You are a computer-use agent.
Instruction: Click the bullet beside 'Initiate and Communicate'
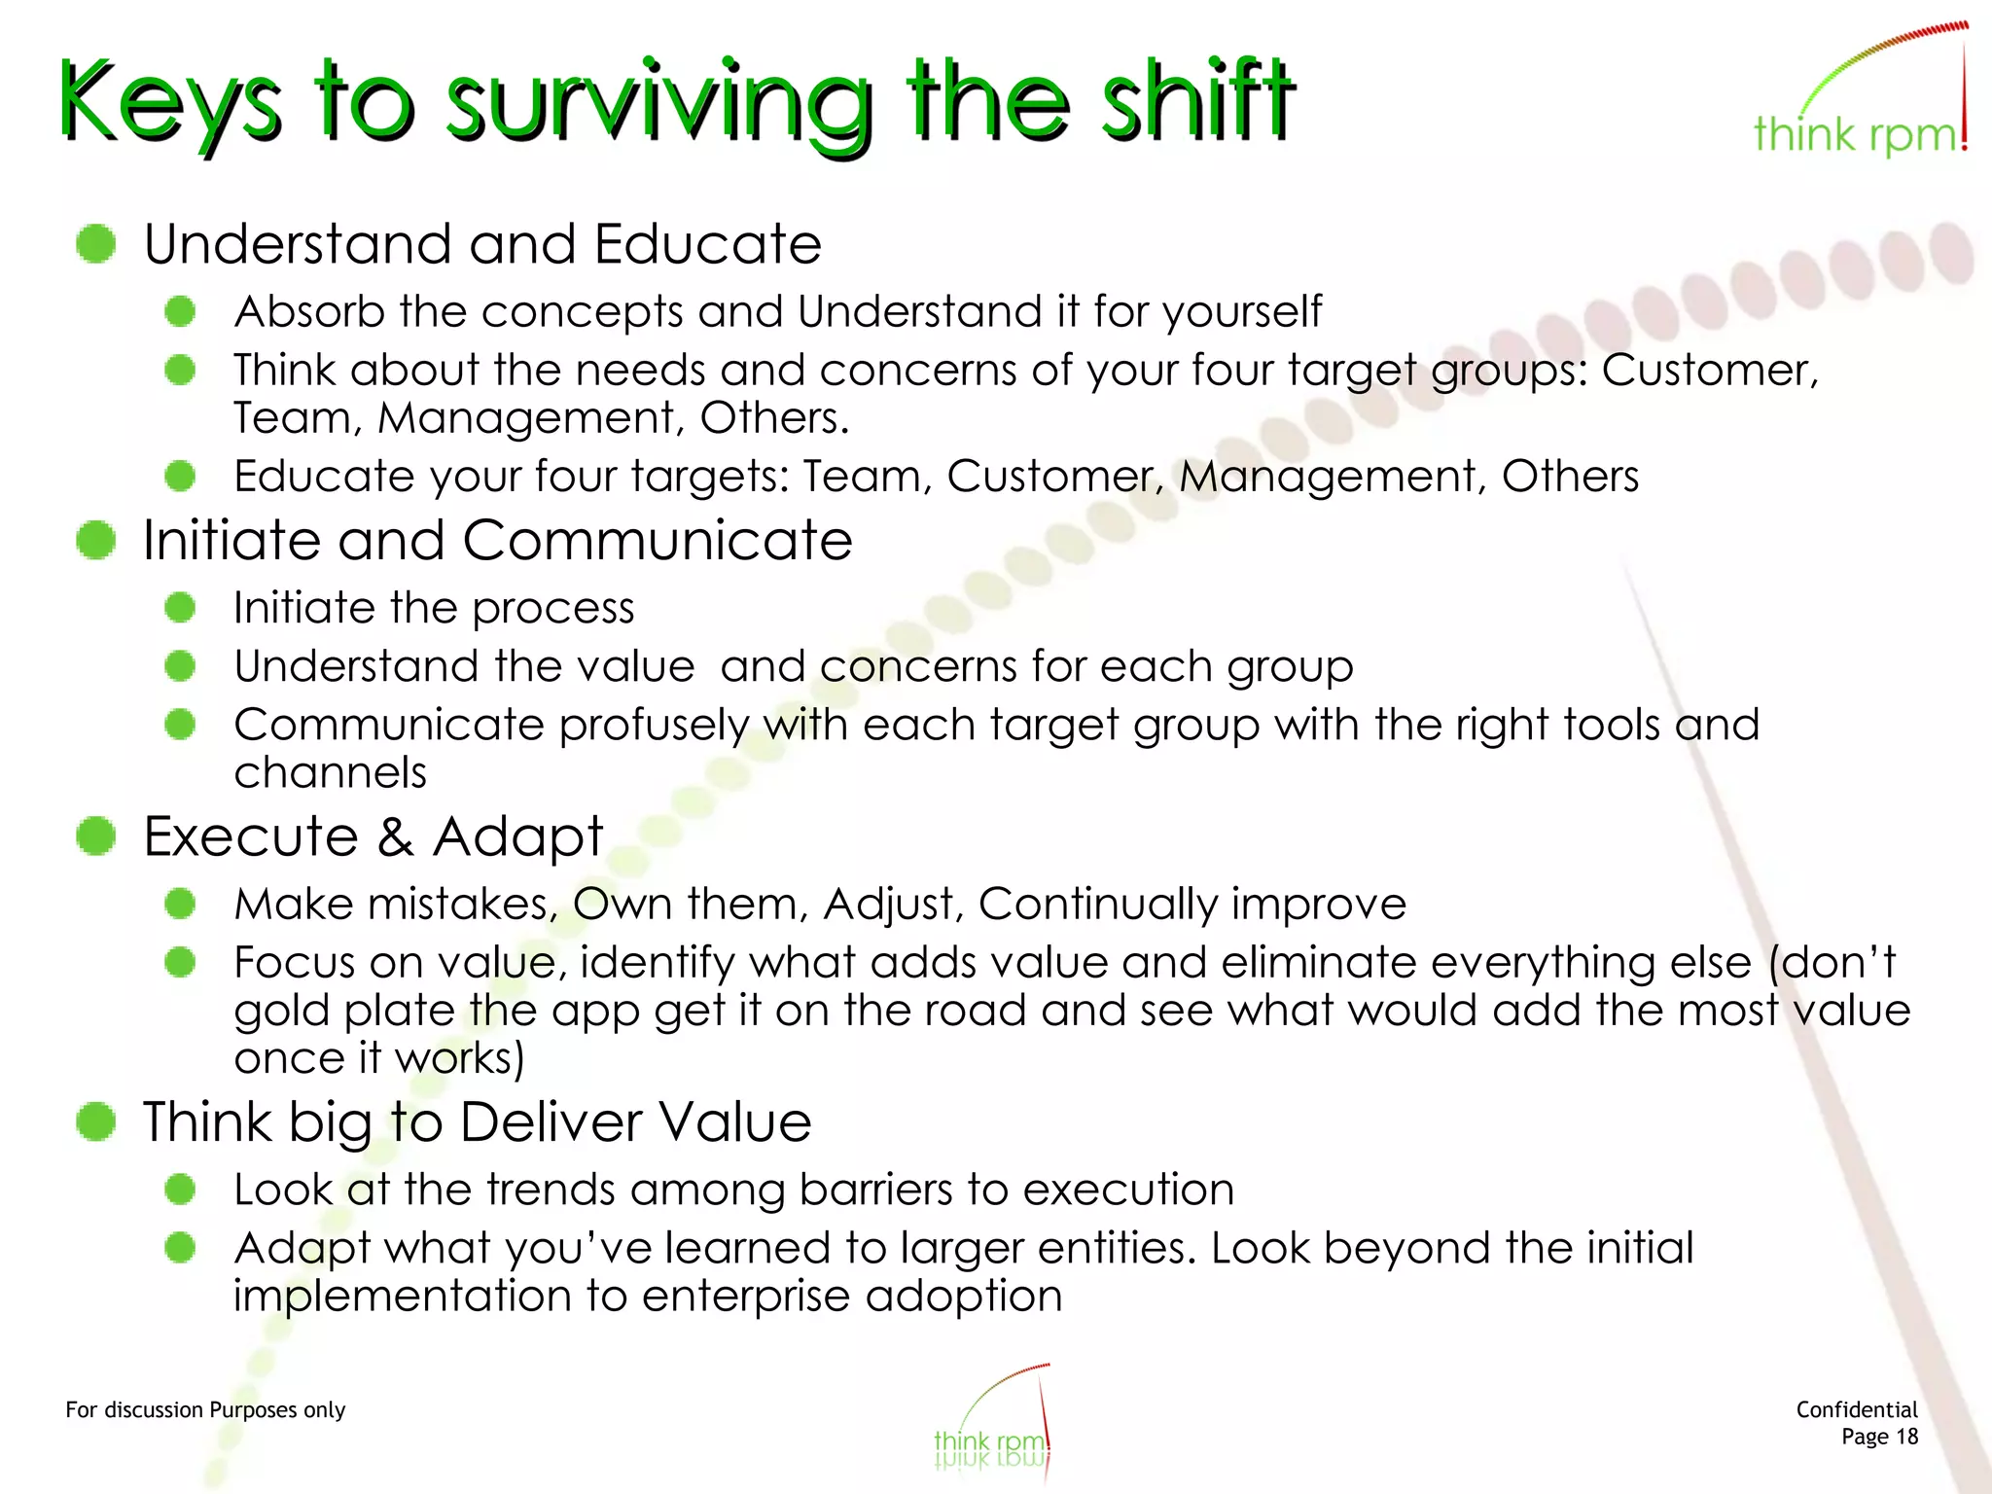coord(96,540)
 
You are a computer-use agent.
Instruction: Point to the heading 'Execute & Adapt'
coord(373,836)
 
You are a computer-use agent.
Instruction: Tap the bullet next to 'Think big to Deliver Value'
coord(96,1121)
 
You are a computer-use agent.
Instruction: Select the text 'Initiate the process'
coord(434,609)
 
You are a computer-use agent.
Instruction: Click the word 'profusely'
coord(654,726)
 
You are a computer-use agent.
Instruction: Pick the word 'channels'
coord(330,773)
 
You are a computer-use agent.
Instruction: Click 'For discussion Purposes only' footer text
coord(205,1410)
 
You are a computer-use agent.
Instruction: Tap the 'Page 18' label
coord(1879,1437)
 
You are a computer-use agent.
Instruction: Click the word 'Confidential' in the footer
coord(1856,1409)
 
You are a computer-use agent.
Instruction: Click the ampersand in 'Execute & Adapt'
coord(395,836)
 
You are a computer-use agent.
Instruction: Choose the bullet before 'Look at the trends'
coord(180,1189)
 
